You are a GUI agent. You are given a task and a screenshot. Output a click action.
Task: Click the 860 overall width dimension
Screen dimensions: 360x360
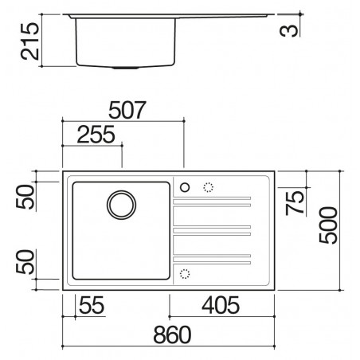[x=172, y=335]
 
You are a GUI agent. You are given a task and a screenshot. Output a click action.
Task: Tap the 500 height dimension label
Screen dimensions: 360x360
[x=328, y=225]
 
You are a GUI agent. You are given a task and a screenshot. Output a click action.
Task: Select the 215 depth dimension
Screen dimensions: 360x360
[x=29, y=41]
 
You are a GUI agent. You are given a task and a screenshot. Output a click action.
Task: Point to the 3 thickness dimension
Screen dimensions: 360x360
[x=289, y=30]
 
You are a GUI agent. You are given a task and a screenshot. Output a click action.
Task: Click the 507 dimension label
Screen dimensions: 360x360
[x=127, y=110]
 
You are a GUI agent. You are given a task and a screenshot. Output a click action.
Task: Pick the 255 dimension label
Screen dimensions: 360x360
[x=96, y=135]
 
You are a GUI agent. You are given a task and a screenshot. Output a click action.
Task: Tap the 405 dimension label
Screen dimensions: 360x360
[x=221, y=305]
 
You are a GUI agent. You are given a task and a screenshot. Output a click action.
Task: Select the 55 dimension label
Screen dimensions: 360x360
[x=92, y=305]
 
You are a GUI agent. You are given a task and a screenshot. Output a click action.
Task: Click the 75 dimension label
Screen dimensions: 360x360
[x=295, y=202]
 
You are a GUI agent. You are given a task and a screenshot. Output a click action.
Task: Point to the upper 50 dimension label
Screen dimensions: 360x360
[x=25, y=197]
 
